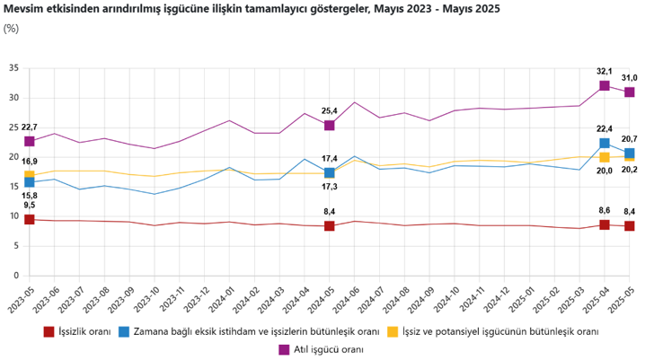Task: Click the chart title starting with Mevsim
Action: pos(252,9)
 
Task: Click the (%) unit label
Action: pos(11,28)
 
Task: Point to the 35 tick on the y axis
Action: pos(13,68)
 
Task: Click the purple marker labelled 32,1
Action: pos(605,86)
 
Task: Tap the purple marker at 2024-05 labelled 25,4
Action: pos(330,126)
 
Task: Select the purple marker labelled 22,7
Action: pos(30,141)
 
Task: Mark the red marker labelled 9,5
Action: pos(30,219)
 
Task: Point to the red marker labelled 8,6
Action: pos(605,224)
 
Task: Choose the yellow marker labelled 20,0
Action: pos(605,158)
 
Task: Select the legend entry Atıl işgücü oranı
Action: pos(330,348)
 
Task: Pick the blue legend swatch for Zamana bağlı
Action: pos(123,331)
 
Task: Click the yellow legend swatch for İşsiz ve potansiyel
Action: pos(393,331)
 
